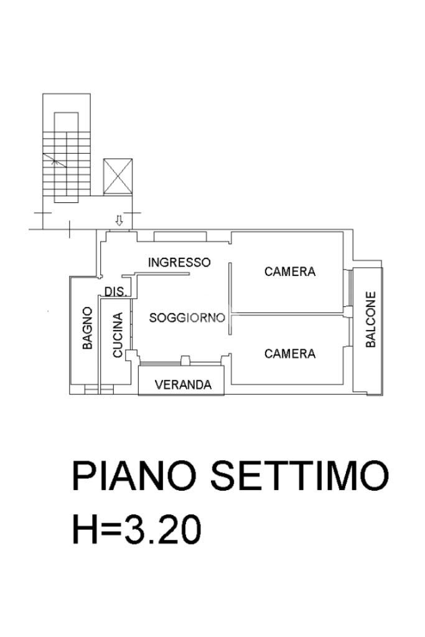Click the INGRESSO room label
179,262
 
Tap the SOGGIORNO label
187,318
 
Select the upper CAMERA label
290,271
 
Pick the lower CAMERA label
290,354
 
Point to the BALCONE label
371,319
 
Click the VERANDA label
184,384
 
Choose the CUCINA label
118,335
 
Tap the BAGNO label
88,328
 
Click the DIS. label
116,291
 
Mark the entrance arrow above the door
118,220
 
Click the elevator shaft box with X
118,177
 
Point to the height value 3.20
162,529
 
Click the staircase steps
66,166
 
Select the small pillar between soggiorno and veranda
185,359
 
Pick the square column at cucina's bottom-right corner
129,355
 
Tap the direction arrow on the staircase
55,161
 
